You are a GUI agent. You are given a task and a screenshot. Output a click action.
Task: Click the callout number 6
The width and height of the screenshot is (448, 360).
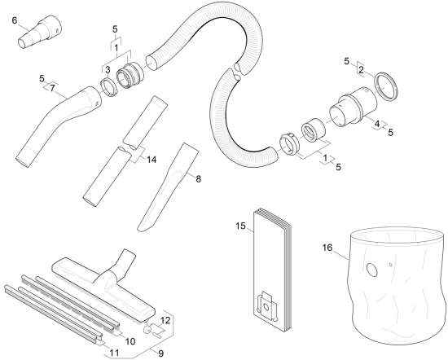pos(15,20)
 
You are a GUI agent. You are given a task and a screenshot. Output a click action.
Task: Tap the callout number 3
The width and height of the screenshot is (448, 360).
pos(108,70)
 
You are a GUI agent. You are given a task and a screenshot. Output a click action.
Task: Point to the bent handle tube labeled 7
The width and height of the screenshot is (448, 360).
pos(57,125)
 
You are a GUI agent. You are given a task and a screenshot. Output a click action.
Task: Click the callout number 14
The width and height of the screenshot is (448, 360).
pos(152,160)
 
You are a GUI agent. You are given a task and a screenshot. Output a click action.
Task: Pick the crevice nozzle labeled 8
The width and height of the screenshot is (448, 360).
pos(168,187)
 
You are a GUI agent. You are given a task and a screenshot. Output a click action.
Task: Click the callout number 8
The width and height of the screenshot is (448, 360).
pos(198,179)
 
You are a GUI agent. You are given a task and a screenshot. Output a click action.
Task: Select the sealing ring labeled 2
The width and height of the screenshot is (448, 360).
pos(386,86)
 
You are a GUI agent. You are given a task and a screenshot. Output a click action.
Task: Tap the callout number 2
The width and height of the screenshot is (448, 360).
pos(361,70)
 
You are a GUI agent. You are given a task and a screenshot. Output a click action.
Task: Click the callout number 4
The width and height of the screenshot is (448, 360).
pos(377,124)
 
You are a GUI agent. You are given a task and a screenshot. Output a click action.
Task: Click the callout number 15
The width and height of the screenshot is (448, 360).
pos(240,226)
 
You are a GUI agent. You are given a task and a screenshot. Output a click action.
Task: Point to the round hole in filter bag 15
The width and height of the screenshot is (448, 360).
pos(266,307)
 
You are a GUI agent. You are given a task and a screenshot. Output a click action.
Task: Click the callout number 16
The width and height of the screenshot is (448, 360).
pos(327,248)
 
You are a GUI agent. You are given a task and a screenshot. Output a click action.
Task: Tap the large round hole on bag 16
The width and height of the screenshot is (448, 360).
pos(372,270)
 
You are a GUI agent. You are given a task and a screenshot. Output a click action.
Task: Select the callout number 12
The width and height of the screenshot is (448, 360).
pos(165,320)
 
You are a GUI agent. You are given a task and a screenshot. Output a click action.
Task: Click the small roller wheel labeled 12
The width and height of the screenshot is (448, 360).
pos(147,329)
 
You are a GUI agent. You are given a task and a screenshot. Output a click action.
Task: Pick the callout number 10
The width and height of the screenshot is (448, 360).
pos(130,341)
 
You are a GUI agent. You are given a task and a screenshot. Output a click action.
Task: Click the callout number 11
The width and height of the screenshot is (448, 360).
pos(114,353)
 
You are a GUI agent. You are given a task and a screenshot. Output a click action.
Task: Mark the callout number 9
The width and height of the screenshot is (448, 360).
pos(160,353)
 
